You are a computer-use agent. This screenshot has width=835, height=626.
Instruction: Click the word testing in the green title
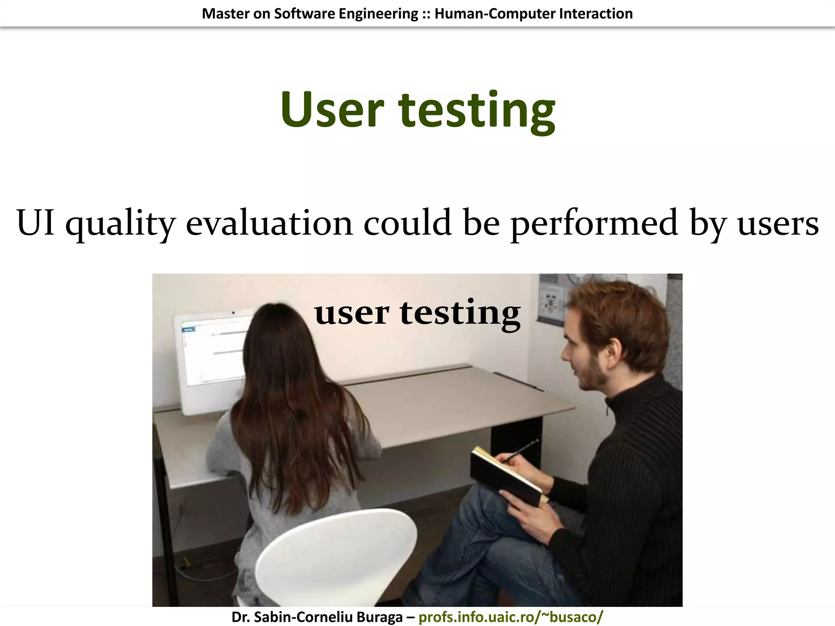477,111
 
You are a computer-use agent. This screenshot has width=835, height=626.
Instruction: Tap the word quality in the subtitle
120,224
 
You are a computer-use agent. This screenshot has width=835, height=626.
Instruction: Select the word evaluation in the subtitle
269,223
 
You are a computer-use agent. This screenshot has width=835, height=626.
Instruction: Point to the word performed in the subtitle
594,224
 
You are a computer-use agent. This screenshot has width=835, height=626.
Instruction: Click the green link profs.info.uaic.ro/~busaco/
510,617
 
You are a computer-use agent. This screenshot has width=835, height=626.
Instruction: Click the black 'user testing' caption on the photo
417,313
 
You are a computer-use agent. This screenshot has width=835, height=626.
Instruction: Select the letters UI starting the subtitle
35,223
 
